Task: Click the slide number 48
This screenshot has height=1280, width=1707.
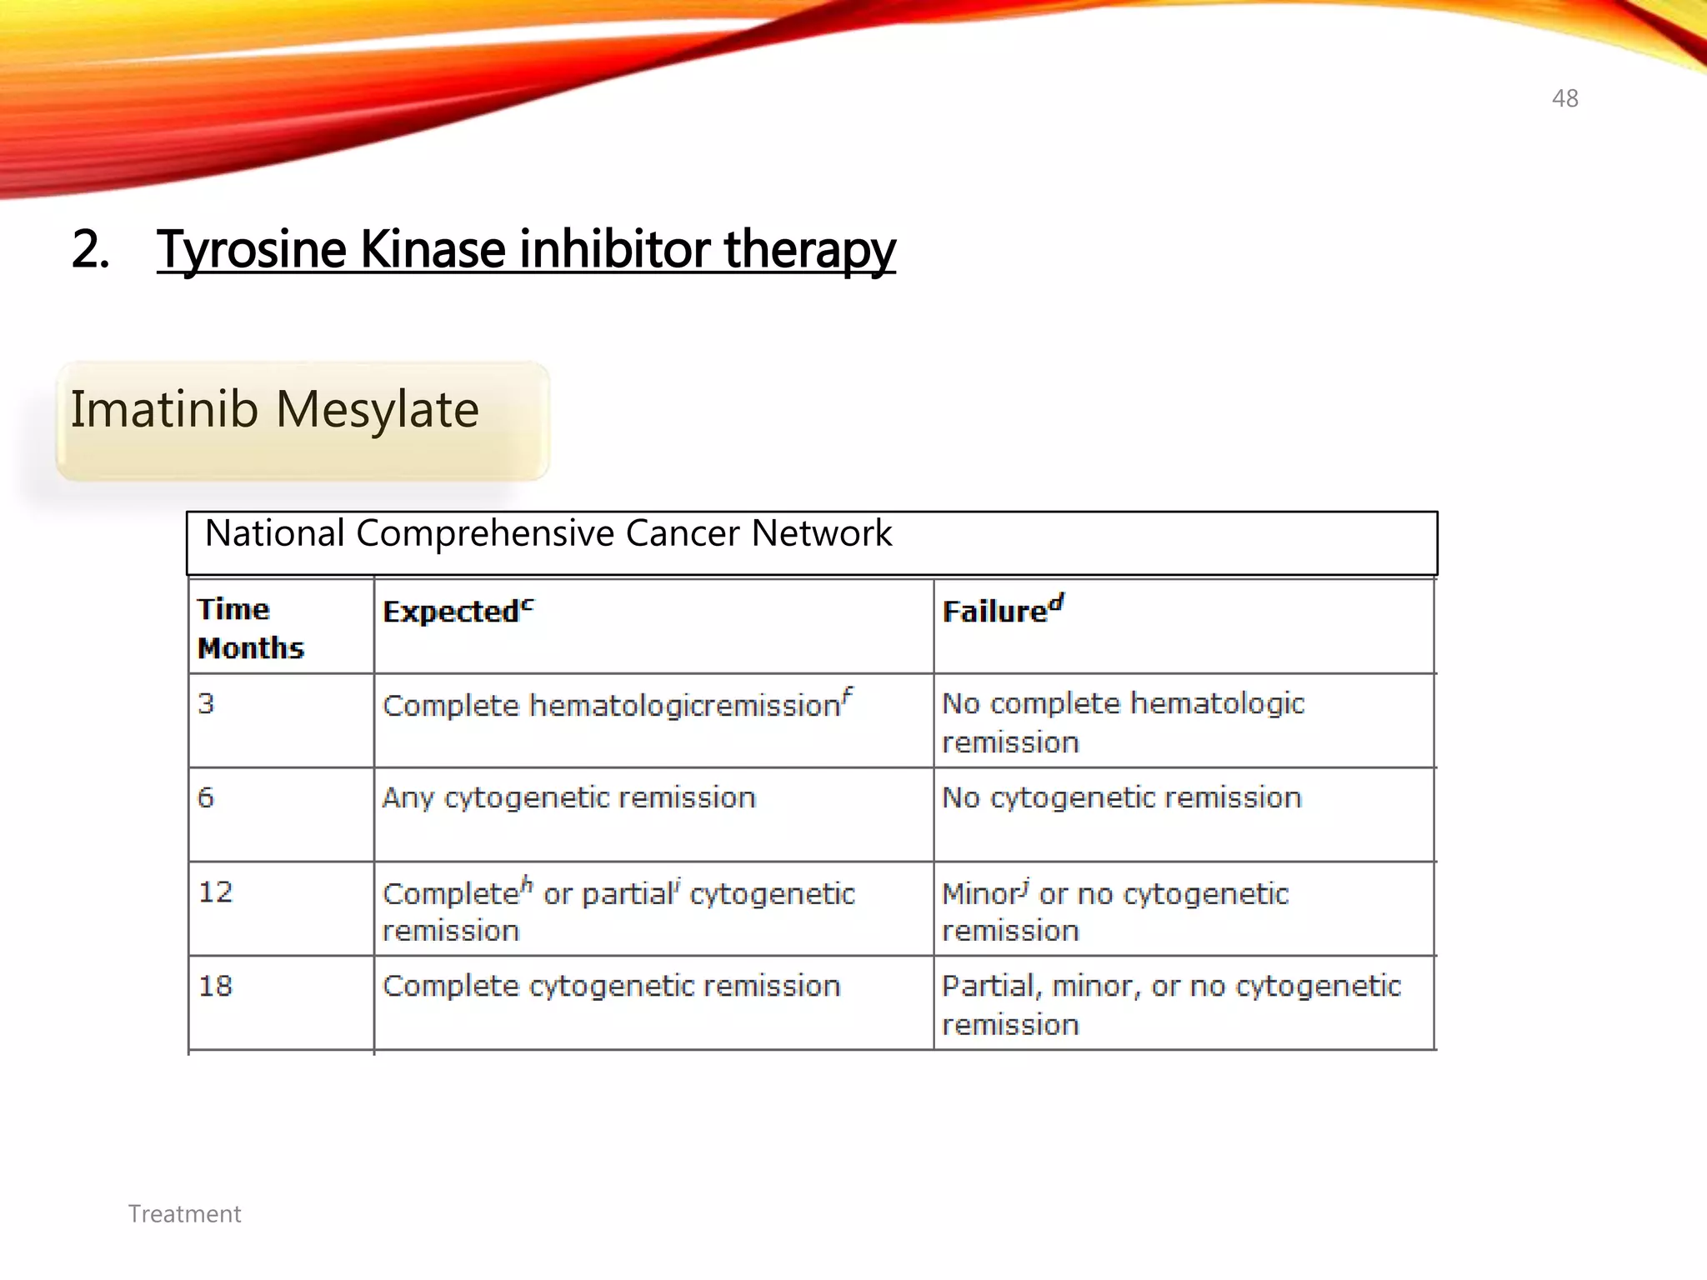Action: (1564, 98)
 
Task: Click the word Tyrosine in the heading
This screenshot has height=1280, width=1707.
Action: (251, 249)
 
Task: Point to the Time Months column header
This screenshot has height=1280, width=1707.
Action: (250, 628)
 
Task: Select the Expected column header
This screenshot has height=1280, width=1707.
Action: (458, 611)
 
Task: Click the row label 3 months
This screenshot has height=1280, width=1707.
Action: (206, 703)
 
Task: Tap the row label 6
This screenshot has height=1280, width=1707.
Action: (206, 797)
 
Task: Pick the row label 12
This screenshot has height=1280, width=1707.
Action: (215, 892)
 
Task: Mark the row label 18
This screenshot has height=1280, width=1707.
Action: (215, 986)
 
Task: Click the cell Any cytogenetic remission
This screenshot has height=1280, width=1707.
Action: (568, 797)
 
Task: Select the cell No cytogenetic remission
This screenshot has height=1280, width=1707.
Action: (1121, 797)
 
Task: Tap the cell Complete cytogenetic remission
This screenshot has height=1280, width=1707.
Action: (611, 986)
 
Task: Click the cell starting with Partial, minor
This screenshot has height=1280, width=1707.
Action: (1170, 1004)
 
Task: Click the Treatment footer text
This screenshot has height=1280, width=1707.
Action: (184, 1214)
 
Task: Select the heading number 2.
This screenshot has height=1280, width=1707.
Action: (90, 249)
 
